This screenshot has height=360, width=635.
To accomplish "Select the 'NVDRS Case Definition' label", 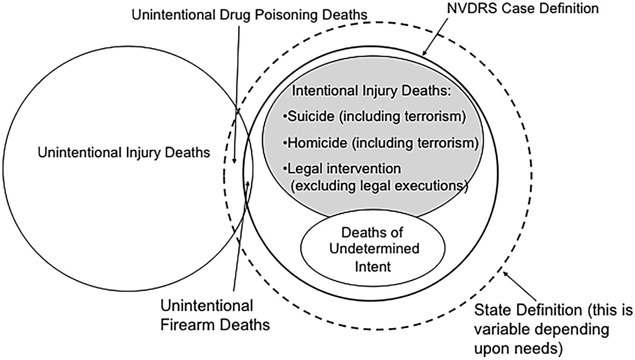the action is pos(523,8).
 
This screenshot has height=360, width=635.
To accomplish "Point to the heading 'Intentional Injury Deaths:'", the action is pos(371,91).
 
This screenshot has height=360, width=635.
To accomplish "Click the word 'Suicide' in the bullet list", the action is pos(311,117).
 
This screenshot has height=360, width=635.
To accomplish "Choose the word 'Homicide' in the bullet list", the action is pos(317,143).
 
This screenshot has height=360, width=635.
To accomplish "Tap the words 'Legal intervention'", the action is pos(344,169).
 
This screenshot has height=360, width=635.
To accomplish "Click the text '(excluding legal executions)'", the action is pos(379,186).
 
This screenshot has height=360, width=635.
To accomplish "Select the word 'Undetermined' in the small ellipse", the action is pos(374,249).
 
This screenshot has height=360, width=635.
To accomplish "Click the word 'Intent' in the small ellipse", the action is pos(373,267).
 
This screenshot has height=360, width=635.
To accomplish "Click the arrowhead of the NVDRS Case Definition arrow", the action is pos(424,53).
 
